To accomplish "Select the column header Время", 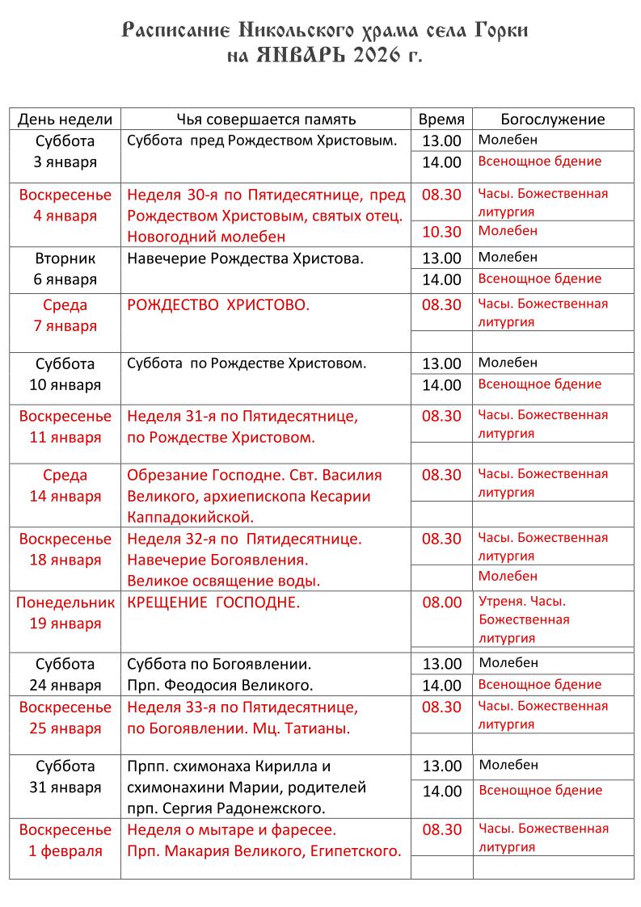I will click(x=441, y=120).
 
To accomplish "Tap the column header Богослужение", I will click(x=552, y=120).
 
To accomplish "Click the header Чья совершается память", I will click(x=266, y=120).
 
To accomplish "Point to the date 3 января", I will click(x=65, y=162).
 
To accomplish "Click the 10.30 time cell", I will click(x=441, y=232).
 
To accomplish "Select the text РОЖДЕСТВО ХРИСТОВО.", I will click(x=218, y=305).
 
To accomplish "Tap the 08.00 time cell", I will click(x=442, y=603).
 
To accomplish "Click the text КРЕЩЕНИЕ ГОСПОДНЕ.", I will click(x=213, y=603).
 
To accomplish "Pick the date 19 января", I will click(x=65, y=624).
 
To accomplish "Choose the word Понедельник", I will click(x=65, y=603).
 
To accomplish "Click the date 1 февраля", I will click(x=65, y=850).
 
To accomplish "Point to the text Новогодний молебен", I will click(x=206, y=237).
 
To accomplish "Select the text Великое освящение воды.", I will click(x=224, y=581).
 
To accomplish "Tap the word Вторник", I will click(x=65, y=258).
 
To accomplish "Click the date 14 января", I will click(x=65, y=496).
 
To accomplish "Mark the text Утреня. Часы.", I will click(x=522, y=602).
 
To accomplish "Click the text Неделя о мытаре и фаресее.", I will click(x=231, y=829).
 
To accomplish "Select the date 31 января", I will click(x=65, y=787).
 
